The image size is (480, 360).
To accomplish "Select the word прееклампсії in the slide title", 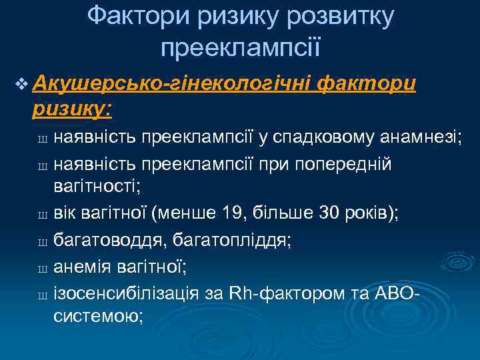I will [x=241, y=47].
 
